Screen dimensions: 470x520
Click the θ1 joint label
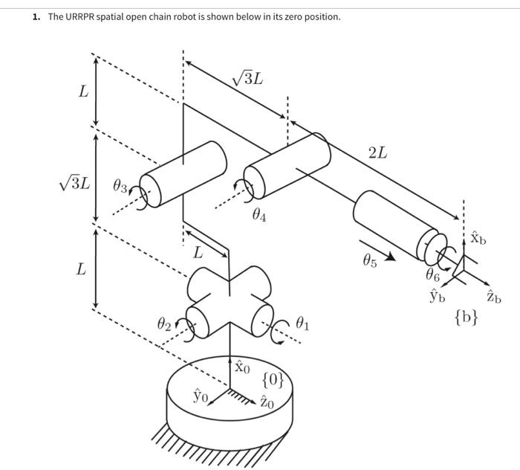(x=302, y=323)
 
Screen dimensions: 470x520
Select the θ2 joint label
(x=164, y=325)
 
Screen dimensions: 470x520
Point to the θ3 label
(x=120, y=185)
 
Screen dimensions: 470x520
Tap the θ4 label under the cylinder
(x=259, y=216)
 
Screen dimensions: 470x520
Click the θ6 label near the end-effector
(x=433, y=274)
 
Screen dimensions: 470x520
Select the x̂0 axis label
(x=242, y=367)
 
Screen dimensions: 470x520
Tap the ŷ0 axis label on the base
(x=201, y=395)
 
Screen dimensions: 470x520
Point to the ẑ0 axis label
(x=267, y=403)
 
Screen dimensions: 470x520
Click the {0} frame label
(x=273, y=380)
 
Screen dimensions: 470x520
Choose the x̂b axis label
(x=478, y=239)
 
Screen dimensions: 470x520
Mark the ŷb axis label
(x=437, y=297)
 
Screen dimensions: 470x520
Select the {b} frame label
(x=466, y=318)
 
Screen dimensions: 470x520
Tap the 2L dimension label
(x=377, y=152)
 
